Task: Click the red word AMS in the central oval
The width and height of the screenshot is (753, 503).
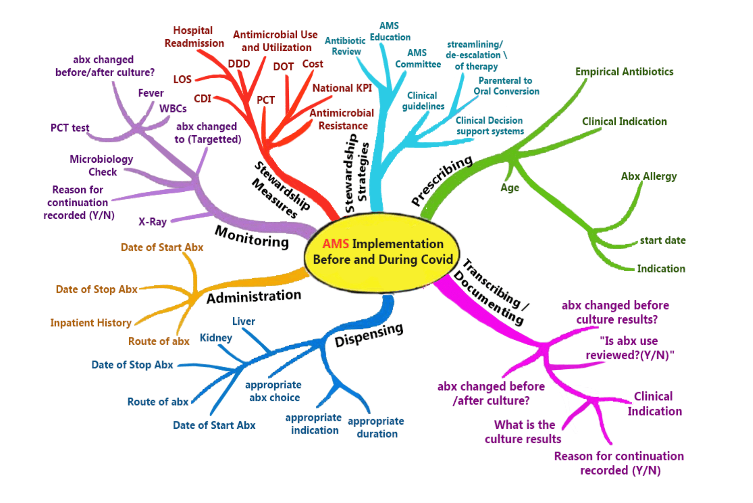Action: pos(335,244)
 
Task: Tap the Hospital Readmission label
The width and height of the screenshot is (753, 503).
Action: pos(194,37)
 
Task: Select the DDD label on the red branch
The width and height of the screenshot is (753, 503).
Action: pos(239,64)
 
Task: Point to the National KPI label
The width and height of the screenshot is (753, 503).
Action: pos(342,88)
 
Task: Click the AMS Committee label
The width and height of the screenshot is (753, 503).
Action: pos(418,59)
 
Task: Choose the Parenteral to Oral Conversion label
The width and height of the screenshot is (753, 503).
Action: pos(506,86)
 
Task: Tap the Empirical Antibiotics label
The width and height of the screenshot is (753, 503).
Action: pos(624,72)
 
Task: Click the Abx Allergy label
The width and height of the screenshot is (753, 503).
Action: pos(649,176)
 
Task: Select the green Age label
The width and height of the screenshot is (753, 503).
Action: pos(510,188)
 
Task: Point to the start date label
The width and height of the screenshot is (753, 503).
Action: pos(663,241)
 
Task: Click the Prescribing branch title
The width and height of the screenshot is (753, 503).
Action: pos(442,180)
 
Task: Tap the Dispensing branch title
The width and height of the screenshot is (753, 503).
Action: pos(369,335)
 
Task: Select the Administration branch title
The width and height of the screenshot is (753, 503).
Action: pos(254,297)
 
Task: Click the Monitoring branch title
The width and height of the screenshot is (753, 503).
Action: pos(252,237)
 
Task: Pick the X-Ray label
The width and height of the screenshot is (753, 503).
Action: pos(152,222)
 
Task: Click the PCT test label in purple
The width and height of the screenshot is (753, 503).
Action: pos(69,128)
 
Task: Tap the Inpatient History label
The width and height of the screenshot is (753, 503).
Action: pos(91,323)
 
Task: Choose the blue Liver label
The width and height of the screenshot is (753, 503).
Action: pos(243,321)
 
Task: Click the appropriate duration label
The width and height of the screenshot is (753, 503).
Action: pos(376,428)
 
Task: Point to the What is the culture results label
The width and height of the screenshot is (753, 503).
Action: pos(524,432)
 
